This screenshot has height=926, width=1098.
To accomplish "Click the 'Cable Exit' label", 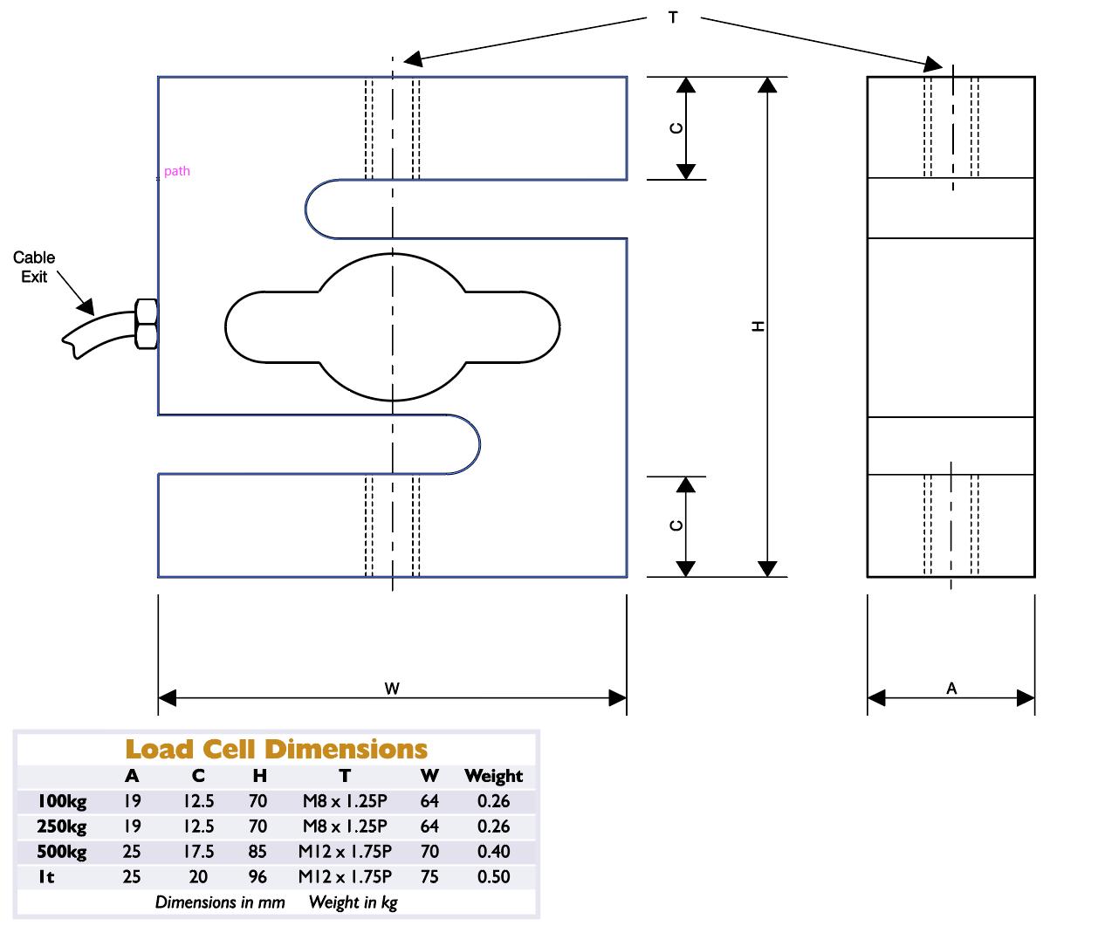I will coord(34,267).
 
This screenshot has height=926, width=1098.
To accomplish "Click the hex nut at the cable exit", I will coord(146,324).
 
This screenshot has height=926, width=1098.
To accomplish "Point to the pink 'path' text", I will coord(176,171).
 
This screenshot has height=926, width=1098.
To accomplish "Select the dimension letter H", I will coord(758,326).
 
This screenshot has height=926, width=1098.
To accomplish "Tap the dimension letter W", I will coord(392,689).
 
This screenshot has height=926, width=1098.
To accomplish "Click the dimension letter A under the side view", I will coord(951,689).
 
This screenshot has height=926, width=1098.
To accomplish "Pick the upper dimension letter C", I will coord(676,128).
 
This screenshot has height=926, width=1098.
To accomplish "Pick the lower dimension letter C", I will coord(676,525).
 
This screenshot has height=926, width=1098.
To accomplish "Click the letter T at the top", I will coord(673,17).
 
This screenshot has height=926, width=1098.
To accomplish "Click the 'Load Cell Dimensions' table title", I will coord(277,749).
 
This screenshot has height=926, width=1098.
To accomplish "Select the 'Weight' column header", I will coord(493,776).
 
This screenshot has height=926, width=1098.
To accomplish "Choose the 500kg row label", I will coord(61,852).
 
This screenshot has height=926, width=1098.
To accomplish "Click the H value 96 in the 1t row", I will coord(259,877).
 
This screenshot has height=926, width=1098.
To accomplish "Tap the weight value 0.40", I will coord(493,852).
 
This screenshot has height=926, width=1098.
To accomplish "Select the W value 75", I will coord(429,877).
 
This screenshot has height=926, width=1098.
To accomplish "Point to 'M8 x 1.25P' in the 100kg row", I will coord(345,801).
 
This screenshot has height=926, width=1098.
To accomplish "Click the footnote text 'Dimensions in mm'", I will coord(220,902).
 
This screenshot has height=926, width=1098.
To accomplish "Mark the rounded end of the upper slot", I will coord(312,209).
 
